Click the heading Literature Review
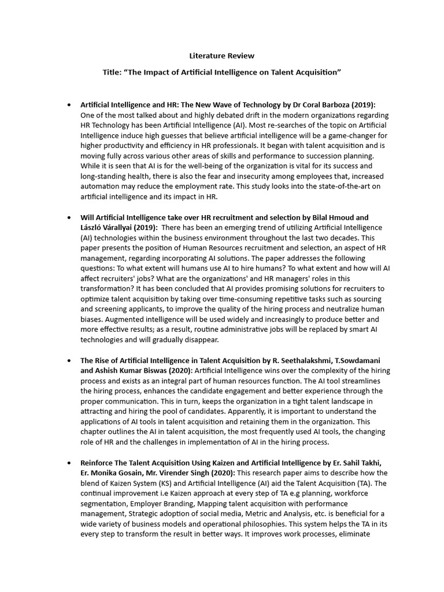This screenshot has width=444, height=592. pos(222,56)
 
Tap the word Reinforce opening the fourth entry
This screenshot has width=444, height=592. pos(99,463)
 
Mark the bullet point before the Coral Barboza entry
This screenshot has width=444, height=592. pos(69,105)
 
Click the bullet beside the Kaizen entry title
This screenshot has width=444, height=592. pos(69,463)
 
